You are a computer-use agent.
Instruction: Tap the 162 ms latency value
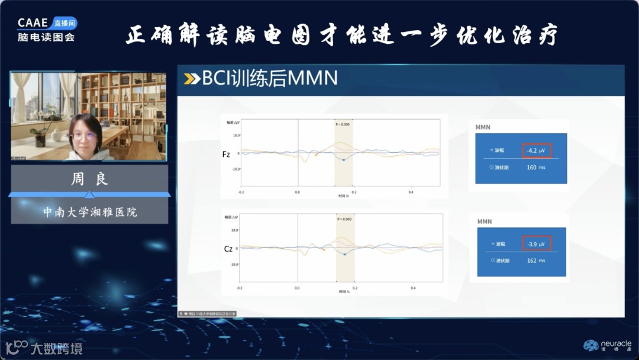(x=536, y=261)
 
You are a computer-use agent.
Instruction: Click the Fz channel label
(x=226, y=154)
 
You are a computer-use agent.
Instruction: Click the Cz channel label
(x=228, y=249)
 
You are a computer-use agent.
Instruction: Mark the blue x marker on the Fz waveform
(x=344, y=160)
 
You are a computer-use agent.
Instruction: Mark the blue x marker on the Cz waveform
(x=344, y=254)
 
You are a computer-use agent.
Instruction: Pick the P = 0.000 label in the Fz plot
(x=343, y=124)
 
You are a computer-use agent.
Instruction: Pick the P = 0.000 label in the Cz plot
(x=344, y=219)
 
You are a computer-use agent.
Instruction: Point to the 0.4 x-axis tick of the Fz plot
(x=411, y=192)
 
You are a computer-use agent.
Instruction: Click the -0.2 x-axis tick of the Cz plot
(x=240, y=288)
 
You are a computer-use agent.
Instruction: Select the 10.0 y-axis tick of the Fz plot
(x=236, y=135)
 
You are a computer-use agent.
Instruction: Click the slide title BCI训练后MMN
(x=269, y=78)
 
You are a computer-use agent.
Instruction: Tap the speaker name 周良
(x=89, y=179)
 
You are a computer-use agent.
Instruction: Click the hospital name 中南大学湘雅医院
(x=90, y=211)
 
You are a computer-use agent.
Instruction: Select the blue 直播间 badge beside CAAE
(x=64, y=23)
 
